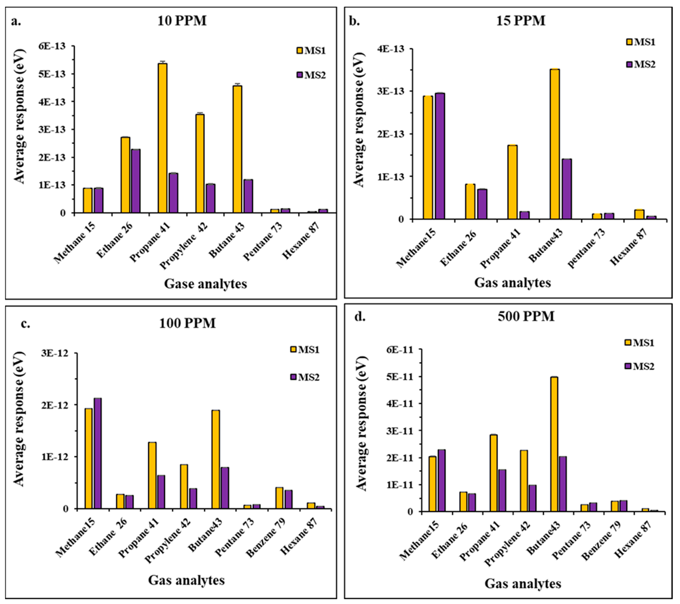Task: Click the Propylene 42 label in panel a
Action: [x=184, y=245]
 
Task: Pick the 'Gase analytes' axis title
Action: [x=205, y=284]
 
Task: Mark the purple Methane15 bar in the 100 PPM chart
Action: [x=97, y=453]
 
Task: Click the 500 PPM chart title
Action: [x=526, y=316]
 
